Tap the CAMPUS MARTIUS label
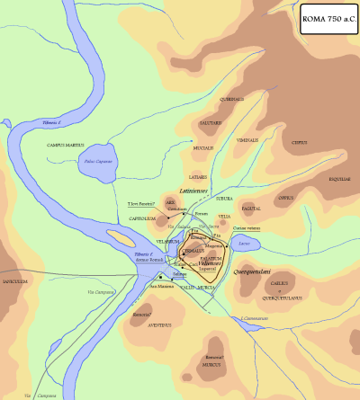click(65, 145)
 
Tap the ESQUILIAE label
click(338, 179)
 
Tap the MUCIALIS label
click(202, 147)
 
